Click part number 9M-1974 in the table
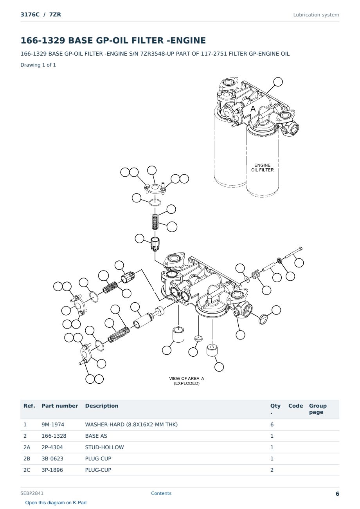53,424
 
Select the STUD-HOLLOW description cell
104,447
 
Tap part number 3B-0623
52,458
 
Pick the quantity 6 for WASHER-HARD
272,424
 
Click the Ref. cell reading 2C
27,470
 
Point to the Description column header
102,406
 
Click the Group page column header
318,409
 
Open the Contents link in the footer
161,493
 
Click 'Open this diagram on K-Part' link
56,503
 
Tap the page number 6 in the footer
337,494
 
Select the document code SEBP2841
32,493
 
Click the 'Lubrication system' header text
316,15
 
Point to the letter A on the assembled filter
253,108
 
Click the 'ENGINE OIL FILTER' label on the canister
262,168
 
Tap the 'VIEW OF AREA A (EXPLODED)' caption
187,381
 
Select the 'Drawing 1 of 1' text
38,65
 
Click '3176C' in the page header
30,15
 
